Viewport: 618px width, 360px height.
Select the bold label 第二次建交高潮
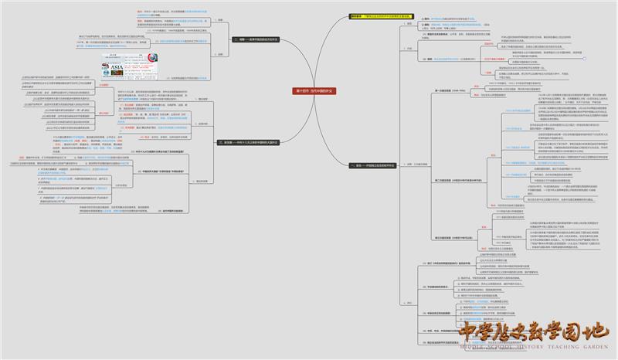point(448,178)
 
